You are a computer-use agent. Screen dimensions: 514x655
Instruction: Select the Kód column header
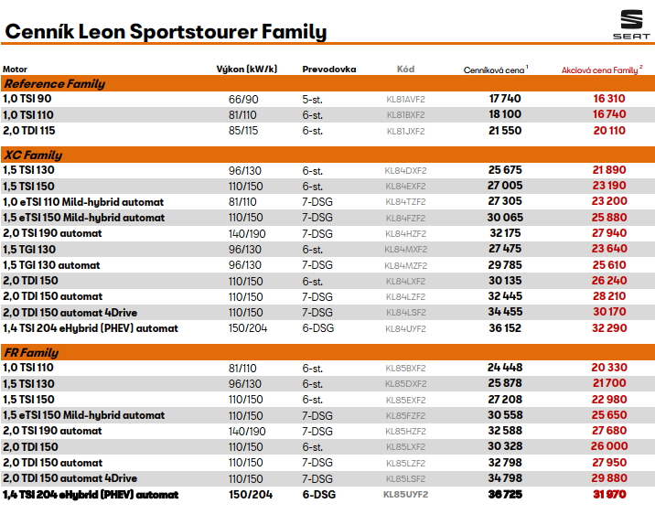click(405, 69)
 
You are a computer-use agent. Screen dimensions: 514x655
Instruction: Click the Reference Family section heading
click(54, 83)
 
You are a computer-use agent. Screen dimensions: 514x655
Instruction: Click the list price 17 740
click(505, 99)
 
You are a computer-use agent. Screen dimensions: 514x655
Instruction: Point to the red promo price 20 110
click(609, 131)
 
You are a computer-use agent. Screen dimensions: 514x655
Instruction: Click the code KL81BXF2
click(406, 115)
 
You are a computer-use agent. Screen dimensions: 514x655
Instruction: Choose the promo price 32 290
click(609, 328)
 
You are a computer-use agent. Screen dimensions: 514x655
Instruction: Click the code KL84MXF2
click(405, 250)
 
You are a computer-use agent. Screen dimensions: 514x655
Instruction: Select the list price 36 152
click(505, 328)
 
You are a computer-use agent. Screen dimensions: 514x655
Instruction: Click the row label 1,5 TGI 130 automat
click(51, 265)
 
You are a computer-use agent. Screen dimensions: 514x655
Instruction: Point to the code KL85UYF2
click(405, 495)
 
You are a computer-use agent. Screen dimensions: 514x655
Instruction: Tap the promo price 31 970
click(609, 495)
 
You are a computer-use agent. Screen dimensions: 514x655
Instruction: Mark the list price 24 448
click(505, 368)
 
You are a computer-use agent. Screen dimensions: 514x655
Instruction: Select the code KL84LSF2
click(405, 313)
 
